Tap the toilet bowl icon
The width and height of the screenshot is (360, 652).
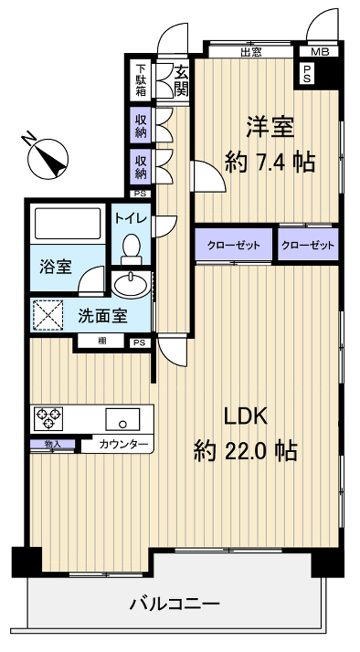coord(132,247)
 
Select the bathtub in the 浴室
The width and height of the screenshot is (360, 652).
coord(67,226)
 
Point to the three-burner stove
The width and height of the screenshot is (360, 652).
coord(49,419)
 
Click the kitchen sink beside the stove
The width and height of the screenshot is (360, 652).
coord(122,421)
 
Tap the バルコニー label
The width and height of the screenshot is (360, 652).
coord(174,604)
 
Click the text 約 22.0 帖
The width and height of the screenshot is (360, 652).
coord(245,450)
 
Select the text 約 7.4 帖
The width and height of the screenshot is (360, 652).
coord(270,163)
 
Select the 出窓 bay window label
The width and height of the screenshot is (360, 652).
coord(252,53)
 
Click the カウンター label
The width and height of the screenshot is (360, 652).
coord(122,445)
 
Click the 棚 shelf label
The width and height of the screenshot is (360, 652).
coord(101,342)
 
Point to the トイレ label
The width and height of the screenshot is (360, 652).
coord(130,218)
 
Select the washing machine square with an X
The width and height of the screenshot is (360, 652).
coord(49,316)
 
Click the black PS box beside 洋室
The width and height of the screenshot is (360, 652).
coord(308,75)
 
